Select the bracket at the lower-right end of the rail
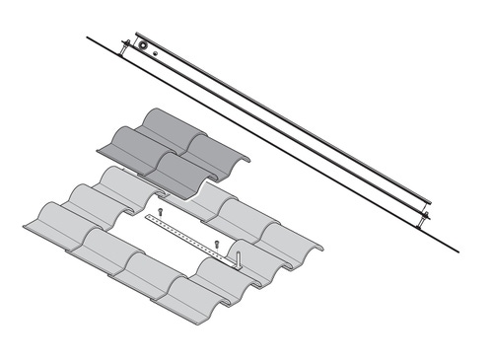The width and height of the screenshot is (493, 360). [425, 214]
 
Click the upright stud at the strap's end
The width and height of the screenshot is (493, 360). [238, 253]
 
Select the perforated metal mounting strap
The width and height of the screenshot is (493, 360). [192, 237]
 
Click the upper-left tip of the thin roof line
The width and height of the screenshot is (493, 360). [87, 37]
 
